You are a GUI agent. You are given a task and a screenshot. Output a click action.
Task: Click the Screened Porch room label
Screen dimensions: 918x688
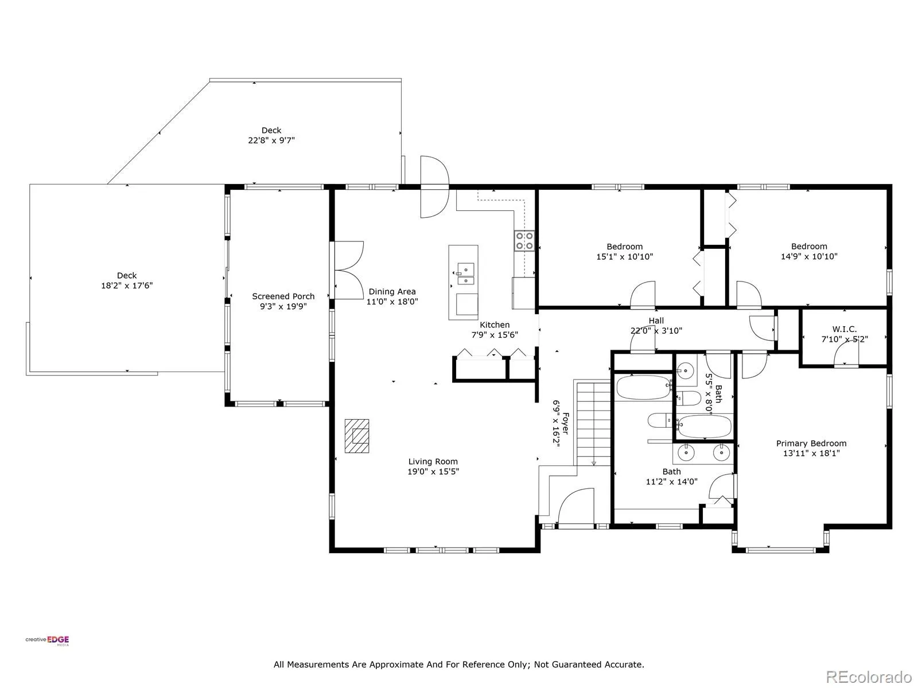click(x=283, y=296)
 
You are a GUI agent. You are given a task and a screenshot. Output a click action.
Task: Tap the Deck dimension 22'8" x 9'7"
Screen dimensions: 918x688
click(x=271, y=140)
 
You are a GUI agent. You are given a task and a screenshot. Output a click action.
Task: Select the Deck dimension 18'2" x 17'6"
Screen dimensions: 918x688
click(x=127, y=286)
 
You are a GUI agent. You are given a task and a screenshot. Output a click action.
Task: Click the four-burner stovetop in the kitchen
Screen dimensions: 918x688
click(x=524, y=241)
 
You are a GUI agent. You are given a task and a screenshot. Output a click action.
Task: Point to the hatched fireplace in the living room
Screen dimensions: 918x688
click(x=357, y=436)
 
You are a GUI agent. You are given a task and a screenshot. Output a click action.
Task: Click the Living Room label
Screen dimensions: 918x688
click(x=433, y=462)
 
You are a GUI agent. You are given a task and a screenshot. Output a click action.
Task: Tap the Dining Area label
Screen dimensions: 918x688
click(x=392, y=292)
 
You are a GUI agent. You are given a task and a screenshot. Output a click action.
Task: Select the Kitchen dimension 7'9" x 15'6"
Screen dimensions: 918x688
click(x=495, y=335)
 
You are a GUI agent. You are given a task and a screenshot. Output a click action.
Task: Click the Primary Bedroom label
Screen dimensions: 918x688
click(x=811, y=443)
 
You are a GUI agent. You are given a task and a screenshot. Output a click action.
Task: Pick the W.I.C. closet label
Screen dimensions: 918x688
click(x=845, y=329)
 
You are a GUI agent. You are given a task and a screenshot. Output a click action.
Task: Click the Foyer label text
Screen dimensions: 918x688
click(x=566, y=424)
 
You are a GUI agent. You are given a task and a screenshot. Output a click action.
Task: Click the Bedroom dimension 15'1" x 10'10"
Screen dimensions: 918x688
click(x=624, y=257)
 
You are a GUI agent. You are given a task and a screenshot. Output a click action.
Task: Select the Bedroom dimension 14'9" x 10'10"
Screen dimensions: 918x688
click(x=809, y=256)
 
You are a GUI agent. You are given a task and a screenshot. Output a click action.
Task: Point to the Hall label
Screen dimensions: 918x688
click(x=656, y=320)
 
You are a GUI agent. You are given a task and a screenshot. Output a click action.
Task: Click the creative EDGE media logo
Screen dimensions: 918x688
click(x=47, y=641)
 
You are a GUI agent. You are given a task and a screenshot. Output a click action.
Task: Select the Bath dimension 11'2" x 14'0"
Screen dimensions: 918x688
click(x=672, y=482)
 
